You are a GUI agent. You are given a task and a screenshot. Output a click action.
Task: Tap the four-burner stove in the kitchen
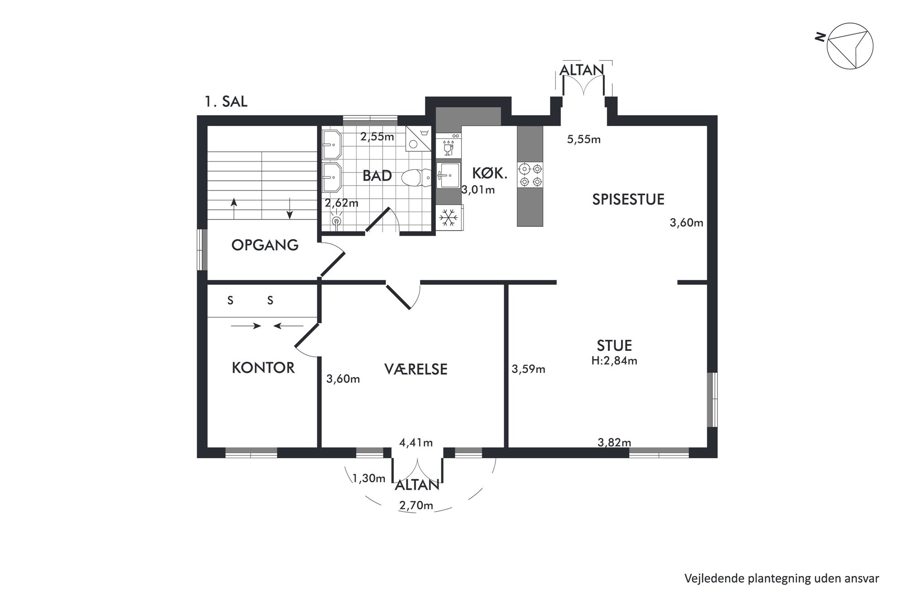click(x=530, y=175)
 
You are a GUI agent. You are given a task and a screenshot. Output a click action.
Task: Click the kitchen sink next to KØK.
click(x=448, y=176)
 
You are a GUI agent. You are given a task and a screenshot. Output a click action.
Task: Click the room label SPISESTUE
click(x=628, y=199)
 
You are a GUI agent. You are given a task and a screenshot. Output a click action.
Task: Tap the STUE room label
click(x=614, y=345)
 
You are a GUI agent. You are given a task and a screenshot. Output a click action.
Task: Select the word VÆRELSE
click(x=416, y=369)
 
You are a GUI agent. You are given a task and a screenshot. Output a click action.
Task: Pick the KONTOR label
click(x=263, y=368)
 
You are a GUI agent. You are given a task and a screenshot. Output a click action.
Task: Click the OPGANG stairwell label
click(x=265, y=245)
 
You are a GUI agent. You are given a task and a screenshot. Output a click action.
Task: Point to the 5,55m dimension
click(x=584, y=139)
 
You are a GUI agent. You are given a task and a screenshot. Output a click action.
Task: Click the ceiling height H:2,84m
click(x=614, y=361)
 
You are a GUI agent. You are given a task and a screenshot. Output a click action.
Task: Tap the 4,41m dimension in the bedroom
click(x=416, y=442)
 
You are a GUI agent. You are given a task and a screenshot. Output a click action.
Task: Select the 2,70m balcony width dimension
click(x=416, y=505)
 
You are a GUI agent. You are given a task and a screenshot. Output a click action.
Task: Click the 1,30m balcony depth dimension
click(x=368, y=478)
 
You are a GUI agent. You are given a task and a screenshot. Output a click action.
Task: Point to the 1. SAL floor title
click(x=226, y=101)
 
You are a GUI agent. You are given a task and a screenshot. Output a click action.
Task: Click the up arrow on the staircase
click(x=234, y=209)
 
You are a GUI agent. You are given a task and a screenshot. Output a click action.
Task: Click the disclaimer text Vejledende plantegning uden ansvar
click(x=782, y=578)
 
